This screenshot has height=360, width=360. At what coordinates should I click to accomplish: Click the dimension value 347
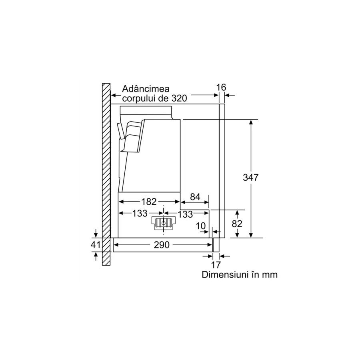pyautogui.click(x=251, y=178)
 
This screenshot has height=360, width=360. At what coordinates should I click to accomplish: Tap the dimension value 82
pyautogui.click(x=237, y=223)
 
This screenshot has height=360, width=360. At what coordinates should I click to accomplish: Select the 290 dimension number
pyautogui.click(x=162, y=245)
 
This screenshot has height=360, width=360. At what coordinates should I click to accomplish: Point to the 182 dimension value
pyautogui.click(x=149, y=202)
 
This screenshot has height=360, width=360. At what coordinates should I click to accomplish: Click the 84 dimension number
pyautogui.click(x=195, y=197)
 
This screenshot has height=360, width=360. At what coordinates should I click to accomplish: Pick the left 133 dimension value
pyautogui.click(x=140, y=214)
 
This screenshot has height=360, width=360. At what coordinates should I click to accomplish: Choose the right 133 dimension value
pyautogui.click(x=185, y=214)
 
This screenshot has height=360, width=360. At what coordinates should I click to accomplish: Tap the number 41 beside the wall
pyautogui.click(x=96, y=245)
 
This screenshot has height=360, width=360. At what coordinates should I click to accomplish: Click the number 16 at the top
pyautogui.click(x=221, y=87)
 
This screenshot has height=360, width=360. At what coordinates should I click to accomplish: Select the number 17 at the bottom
pyautogui.click(x=216, y=265)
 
